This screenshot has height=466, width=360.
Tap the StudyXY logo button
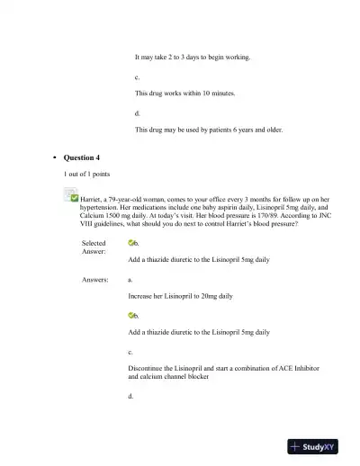click(318, 446)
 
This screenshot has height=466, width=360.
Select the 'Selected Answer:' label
click(94, 247)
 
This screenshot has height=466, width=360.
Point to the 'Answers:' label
click(95, 280)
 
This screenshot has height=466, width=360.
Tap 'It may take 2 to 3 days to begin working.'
click(193, 58)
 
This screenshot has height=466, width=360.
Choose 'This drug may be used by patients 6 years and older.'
click(209, 130)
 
